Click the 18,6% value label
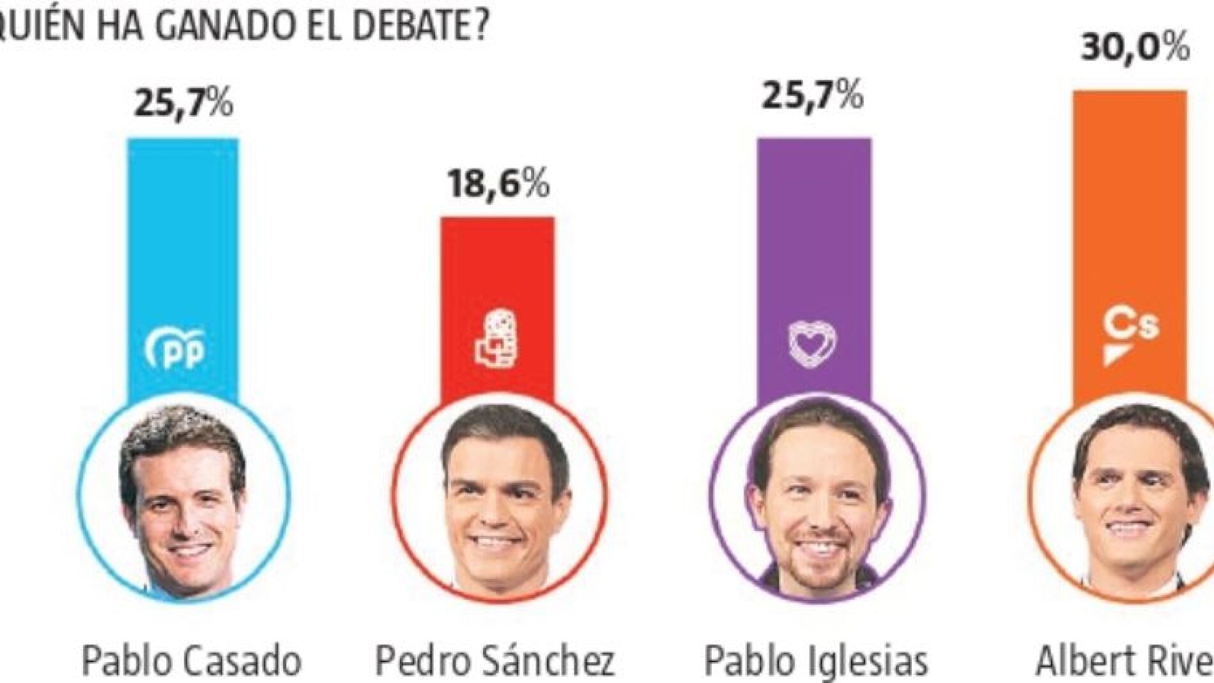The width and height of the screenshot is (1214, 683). tap(498, 184)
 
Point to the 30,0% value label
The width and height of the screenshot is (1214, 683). tap(1135, 49)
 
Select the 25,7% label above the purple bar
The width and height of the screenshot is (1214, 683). tap(813, 96)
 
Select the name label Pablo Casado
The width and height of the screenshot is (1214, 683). tap(192, 659)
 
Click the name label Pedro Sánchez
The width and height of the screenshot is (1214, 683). tap(495, 659)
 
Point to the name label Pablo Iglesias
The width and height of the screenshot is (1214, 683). tap(816, 659)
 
